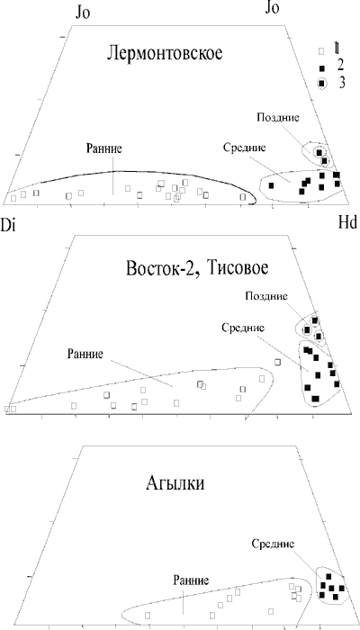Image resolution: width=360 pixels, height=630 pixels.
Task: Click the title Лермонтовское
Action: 165,53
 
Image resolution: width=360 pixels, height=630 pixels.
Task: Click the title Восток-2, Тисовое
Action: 197,269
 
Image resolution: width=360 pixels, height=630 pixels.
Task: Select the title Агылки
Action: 175,483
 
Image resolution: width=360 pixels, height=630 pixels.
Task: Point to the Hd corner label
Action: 347,223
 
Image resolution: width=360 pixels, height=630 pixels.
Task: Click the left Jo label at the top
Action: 83,13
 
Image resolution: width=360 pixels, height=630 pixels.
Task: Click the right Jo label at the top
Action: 272,8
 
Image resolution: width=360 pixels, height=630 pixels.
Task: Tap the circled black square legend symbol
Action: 322,84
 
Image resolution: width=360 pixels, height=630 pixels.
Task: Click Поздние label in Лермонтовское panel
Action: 277,118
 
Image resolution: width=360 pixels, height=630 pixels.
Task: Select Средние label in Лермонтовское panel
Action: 244,147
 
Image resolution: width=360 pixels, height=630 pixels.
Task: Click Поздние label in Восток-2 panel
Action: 267,296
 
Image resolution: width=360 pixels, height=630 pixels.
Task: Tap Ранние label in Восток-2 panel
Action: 86,354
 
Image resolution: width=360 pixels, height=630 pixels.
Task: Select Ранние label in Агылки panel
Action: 191,580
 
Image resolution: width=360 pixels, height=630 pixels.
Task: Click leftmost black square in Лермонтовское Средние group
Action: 271,185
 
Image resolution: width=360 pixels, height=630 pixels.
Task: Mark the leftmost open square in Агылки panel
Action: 148,615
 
